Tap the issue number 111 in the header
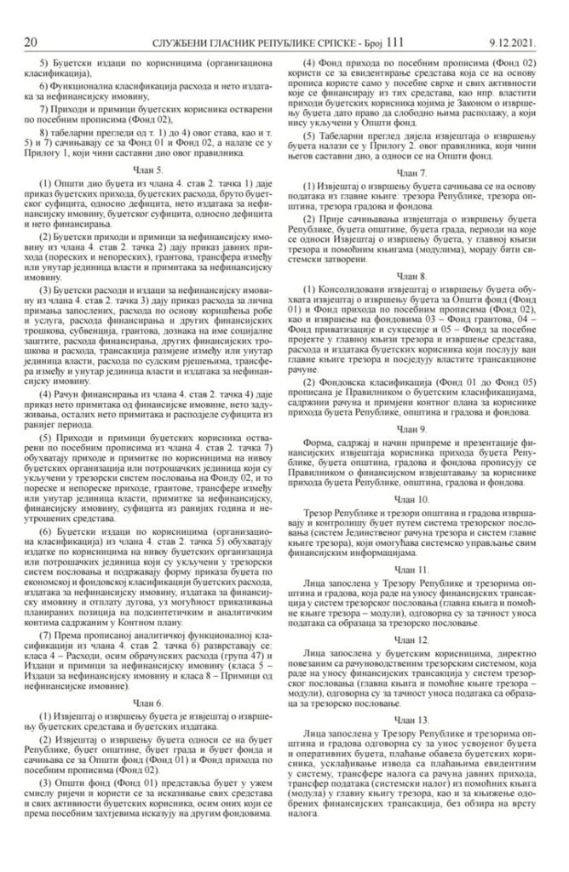click(397, 16)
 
